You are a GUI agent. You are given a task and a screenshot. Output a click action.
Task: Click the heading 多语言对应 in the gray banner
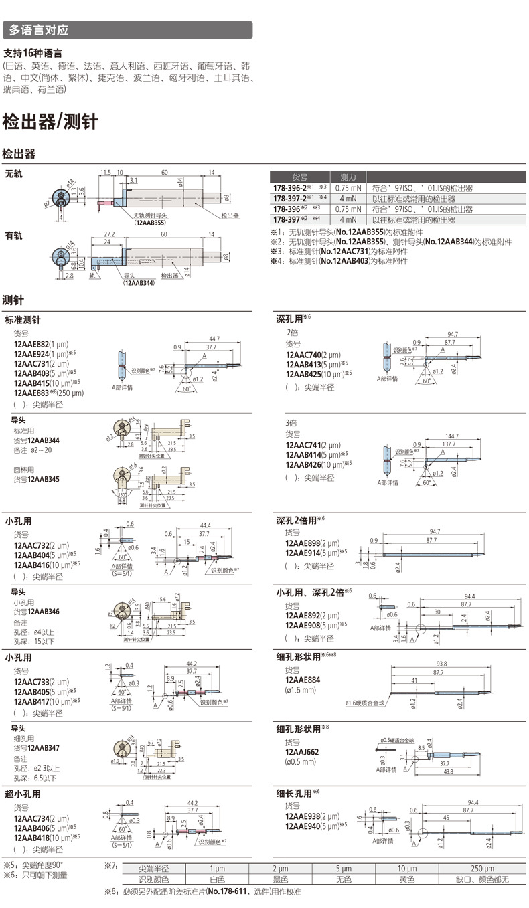click(39, 31)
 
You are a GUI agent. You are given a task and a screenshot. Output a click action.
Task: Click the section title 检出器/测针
click(50, 122)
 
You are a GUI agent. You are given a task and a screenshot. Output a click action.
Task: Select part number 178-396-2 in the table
click(294, 189)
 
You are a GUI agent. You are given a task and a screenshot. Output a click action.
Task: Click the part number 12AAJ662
click(302, 752)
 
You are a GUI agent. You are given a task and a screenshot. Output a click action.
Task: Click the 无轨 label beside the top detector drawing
click(13, 173)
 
